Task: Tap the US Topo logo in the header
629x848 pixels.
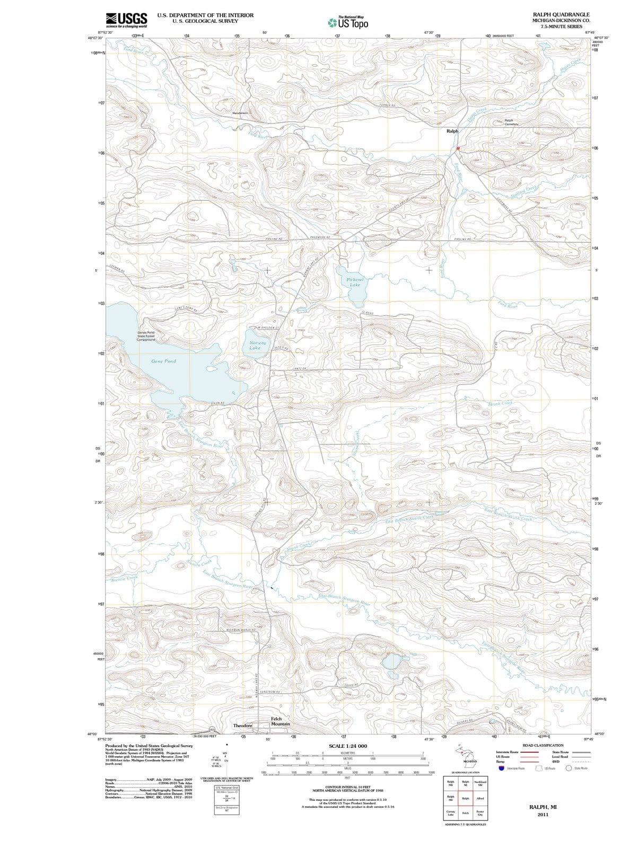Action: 347,23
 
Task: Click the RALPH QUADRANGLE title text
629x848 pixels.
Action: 561,14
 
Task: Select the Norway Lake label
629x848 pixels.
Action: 258,345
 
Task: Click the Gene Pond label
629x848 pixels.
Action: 163,361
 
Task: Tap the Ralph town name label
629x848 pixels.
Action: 452,131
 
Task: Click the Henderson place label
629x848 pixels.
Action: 241,113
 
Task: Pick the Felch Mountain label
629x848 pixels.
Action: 280,721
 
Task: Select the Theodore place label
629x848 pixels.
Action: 242,725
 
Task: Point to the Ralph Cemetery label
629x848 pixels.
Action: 511,122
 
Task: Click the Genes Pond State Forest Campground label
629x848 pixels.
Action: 146,336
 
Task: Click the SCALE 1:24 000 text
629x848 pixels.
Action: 347,746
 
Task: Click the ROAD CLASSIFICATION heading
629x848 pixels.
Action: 543,745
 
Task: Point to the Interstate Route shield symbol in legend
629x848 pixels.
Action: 502,768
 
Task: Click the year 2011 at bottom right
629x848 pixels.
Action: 543,815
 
